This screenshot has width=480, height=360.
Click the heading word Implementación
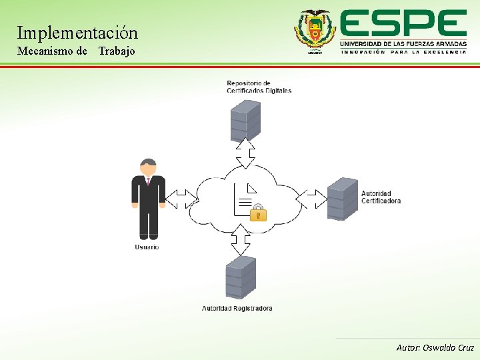click(77, 32)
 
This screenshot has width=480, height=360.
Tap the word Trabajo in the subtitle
click(117, 51)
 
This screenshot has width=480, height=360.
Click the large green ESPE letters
click(403, 24)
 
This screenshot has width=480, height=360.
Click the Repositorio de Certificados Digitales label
click(259, 87)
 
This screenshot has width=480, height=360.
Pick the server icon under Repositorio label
click(245, 120)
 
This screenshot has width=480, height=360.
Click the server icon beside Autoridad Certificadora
click(343, 199)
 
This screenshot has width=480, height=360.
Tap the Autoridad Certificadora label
click(381, 197)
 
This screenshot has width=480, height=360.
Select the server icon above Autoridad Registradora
click(241, 277)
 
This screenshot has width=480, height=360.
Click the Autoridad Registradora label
click(237, 308)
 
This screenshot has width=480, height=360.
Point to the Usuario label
click(147, 247)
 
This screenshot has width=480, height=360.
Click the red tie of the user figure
click(148, 181)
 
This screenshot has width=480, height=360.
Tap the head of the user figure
click(148, 166)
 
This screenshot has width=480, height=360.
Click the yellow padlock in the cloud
click(258, 213)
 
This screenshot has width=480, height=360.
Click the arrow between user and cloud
click(181, 199)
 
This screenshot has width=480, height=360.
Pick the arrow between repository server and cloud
click(245, 153)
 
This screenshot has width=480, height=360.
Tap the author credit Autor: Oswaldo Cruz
click(435, 347)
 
